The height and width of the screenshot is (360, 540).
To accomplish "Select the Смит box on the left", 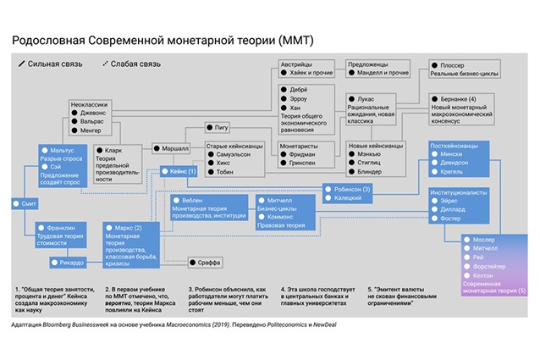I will pos(25,204).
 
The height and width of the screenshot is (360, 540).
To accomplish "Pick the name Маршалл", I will pos(174,147).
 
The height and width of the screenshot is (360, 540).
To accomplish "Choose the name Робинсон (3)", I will pos(354,188).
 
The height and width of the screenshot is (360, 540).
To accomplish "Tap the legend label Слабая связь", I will pos(136,64).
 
